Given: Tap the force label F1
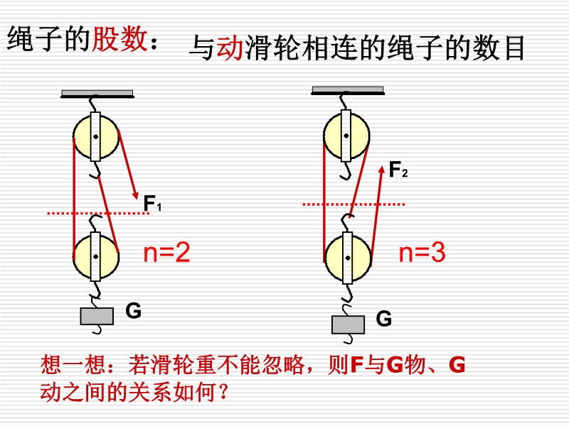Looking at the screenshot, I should point(153,205).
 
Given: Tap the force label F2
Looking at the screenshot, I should point(398,170).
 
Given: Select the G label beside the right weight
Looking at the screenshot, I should point(384,319).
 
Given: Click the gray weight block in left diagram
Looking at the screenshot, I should point(96,316).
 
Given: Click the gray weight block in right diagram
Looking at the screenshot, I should point(348,324).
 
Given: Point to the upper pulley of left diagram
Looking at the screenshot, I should point(96,136).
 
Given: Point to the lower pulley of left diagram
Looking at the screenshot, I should point(96,256).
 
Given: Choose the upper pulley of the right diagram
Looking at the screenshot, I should point(346,134).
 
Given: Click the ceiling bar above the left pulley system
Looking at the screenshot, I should point(97,94).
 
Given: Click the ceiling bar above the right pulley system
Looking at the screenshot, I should point(348,90).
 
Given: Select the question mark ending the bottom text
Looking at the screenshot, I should point(225,391).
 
